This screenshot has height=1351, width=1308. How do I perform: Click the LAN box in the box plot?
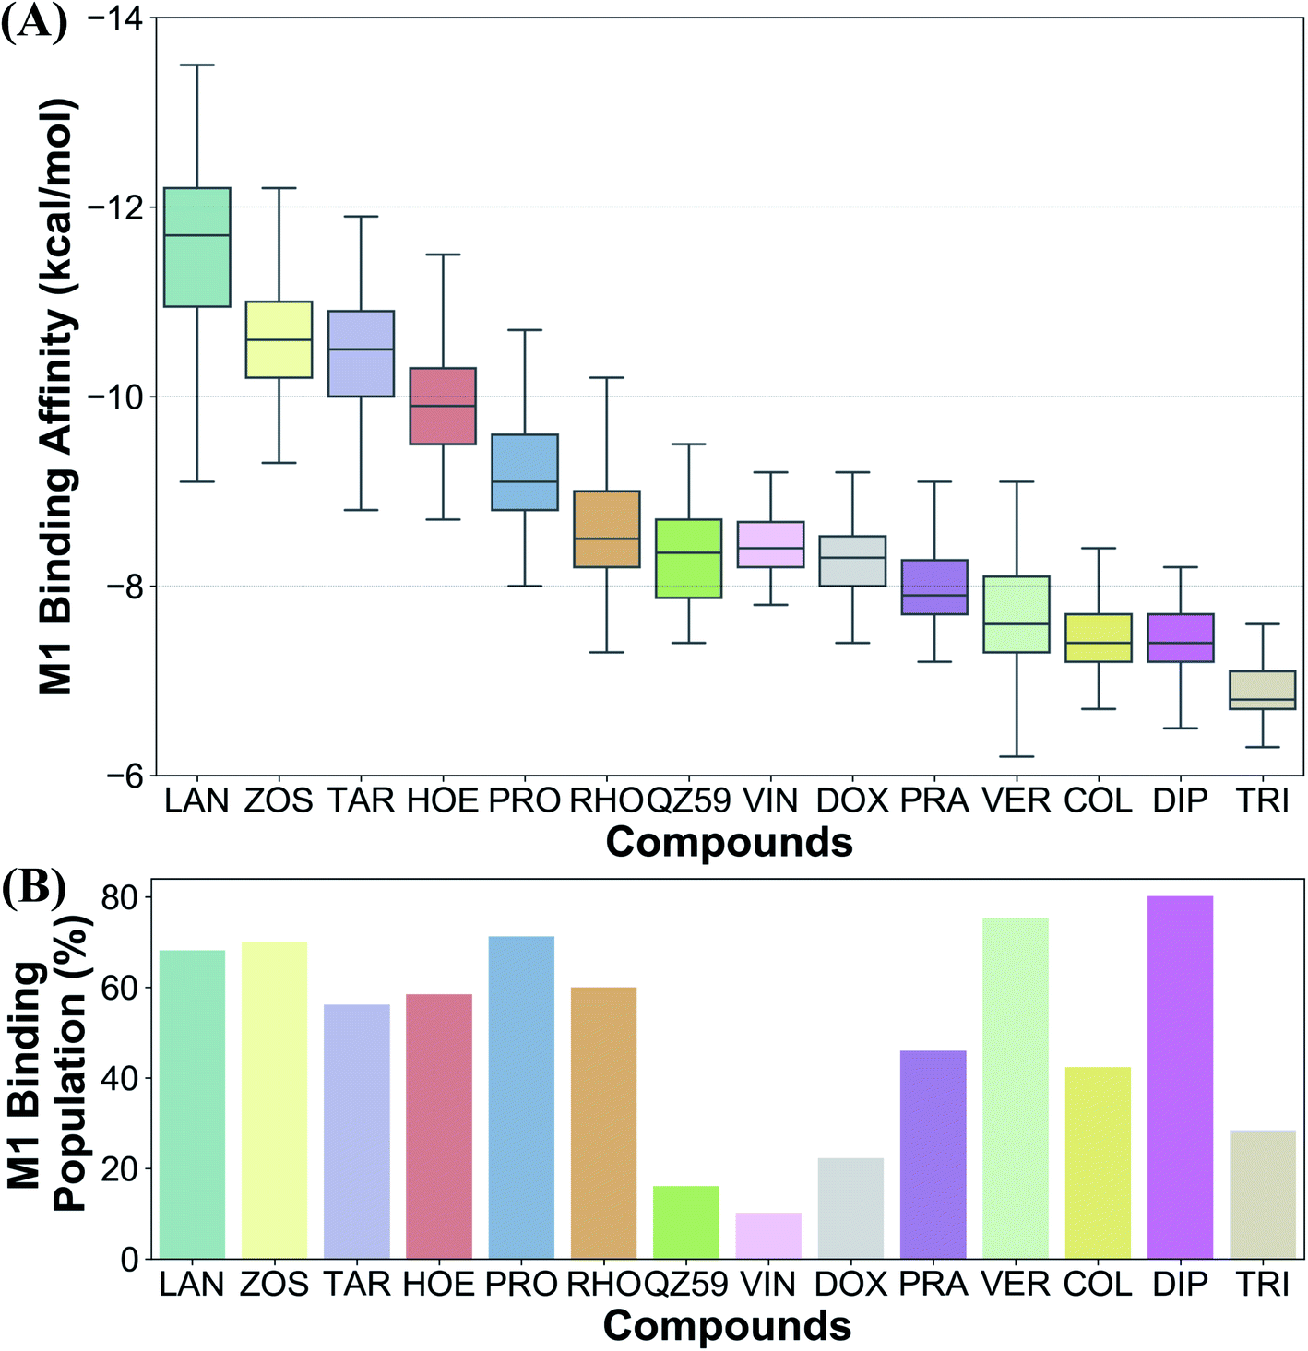pyautogui.click(x=196, y=247)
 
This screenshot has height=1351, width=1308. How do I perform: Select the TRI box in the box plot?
pyautogui.click(x=1262, y=690)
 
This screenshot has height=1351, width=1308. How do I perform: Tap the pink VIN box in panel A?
pyautogui.click(x=770, y=544)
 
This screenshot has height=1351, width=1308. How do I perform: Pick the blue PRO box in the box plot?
pyautogui.click(x=524, y=471)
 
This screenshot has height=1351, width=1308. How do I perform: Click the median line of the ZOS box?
pyautogui.click(x=278, y=340)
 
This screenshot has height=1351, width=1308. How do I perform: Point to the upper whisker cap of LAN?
pyautogui.click(x=196, y=65)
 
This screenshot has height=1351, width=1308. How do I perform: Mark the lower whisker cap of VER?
pyautogui.click(x=1017, y=756)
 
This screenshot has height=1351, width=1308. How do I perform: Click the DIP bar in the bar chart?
pyautogui.click(x=1180, y=1077)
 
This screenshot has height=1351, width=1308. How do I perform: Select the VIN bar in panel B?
pyautogui.click(x=768, y=1236)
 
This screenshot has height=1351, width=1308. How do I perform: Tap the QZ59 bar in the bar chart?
pyautogui.click(x=686, y=1222)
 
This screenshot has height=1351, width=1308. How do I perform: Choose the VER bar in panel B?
pyautogui.click(x=1016, y=1088)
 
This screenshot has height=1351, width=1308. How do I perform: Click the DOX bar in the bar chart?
pyautogui.click(x=850, y=1208)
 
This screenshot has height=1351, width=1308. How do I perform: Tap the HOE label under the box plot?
pyautogui.click(x=443, y=800)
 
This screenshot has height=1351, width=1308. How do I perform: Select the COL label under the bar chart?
pyautogui.click(x=1097, y=1284)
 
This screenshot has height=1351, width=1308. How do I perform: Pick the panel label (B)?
pyautogui.click(x=34, y=887)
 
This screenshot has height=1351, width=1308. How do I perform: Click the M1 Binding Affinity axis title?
pyautogui.click(x=57, y=397)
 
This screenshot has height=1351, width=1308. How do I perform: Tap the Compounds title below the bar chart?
pyautogui.click(x=727, y=1326)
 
